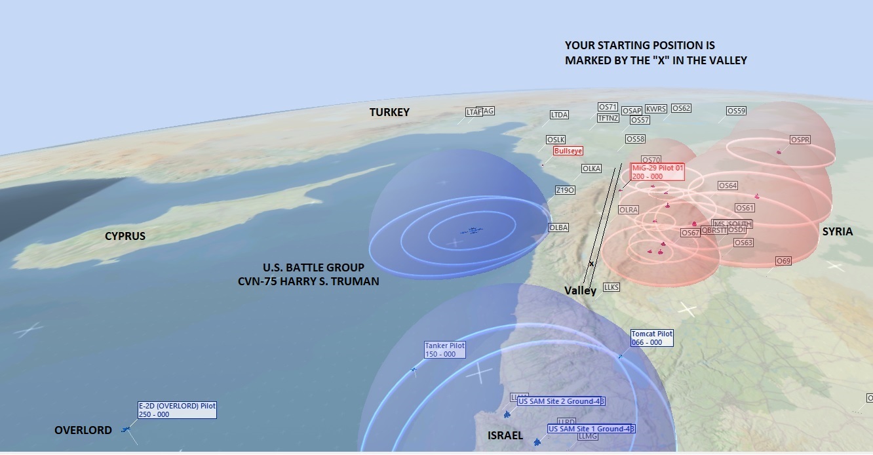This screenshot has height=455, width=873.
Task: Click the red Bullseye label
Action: point(568,151)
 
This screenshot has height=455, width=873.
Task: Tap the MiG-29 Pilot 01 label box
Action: point(657,172)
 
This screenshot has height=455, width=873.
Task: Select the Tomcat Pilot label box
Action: point(651,338)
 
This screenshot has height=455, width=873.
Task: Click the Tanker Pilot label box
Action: point(444,349)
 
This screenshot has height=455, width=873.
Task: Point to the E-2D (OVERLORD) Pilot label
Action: point(176,410)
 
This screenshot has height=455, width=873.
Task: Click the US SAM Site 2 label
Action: point(560,401)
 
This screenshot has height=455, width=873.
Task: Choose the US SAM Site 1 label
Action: point(591,429)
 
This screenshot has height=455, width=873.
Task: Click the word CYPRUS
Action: point(125,236)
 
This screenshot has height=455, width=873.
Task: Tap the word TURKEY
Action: point(389,113)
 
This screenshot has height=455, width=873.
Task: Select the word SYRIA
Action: point(838,232)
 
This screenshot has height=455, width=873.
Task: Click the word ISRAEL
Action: point(505,435)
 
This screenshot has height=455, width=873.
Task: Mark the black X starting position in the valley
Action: point(591,264)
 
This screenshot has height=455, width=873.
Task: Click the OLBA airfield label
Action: point(558,227)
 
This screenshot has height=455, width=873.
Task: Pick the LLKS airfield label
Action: point(611,287)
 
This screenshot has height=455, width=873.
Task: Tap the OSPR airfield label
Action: point(800,140)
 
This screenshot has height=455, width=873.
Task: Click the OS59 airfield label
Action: point(736,111)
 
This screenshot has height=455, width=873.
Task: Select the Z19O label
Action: point(565,190)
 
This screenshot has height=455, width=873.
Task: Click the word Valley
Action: point(580,290)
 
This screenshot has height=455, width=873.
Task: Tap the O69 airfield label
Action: point(783,261)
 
